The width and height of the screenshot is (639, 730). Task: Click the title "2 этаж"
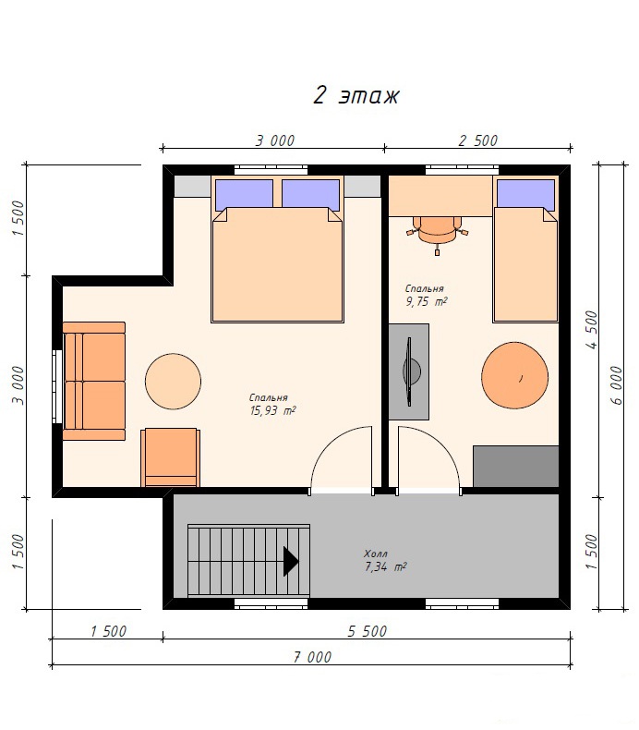point(356,96)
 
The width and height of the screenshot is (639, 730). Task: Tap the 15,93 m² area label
point(272,410)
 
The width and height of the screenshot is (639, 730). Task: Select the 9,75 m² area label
point(427,301)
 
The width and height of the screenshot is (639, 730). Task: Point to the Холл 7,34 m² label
point(385,561)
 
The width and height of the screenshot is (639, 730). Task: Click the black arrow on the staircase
point(291,562)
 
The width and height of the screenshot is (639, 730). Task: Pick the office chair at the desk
point(438,231)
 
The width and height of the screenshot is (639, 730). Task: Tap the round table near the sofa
point(173,382)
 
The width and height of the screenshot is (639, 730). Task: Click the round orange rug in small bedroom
point(514,375)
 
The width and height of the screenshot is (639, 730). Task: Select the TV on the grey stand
point(411,371)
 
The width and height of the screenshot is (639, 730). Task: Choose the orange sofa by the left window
point(94,382)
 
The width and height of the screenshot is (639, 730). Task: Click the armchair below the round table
point(171,457)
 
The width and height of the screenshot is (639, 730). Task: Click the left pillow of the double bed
point(244,195)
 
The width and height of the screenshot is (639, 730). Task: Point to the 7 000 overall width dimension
point(312,657)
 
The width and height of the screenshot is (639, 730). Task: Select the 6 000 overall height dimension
point(615,385)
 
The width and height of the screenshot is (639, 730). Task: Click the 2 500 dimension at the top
point(478,140)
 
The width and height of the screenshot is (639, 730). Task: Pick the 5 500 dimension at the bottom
point(368,631)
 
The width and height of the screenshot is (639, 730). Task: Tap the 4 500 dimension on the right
point(591,330)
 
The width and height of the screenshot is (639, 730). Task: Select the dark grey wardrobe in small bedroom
point(515,467)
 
